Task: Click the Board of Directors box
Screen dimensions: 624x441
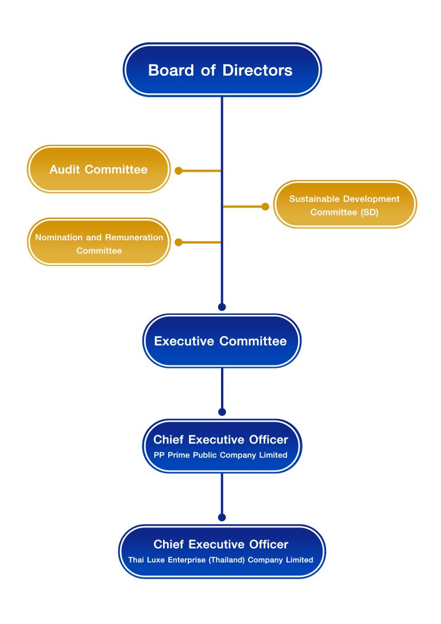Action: tap(222, 70)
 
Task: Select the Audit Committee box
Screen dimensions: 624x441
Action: tap(98, 170)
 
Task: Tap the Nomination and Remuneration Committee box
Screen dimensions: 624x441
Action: tap(99, 242)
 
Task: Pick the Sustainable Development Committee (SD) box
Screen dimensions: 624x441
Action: tap(345, 205)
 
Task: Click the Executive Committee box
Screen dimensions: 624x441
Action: tap(221, 341)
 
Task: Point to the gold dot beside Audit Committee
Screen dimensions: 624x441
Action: tap(179, 171)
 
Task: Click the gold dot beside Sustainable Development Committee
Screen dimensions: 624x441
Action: tap(265, 206)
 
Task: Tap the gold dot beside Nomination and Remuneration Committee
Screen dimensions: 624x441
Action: tap(179, 242)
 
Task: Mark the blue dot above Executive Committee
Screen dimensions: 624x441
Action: tap(222, 307)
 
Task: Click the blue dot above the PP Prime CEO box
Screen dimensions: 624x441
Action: tap(222, 412)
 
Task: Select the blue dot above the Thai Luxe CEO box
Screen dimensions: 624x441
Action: tap(222, 517)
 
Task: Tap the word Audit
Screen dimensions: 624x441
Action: tap(65, 170)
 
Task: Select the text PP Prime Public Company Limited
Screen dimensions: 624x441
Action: tap(220, 454)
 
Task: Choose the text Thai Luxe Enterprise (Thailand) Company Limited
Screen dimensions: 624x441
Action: tap(220, 560)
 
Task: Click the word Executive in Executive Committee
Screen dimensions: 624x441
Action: tap(185, 341)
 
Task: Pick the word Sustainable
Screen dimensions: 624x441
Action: tap(315, 199)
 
